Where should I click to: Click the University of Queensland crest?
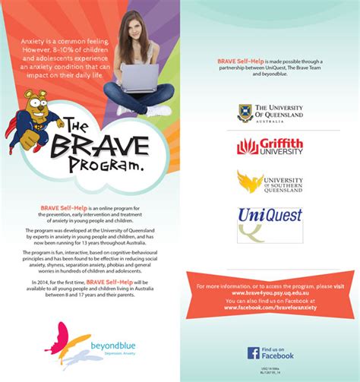[245, 113]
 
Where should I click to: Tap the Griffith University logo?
[270, 146]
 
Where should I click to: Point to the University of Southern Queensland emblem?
[251, 182]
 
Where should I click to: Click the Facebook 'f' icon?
[254, 352]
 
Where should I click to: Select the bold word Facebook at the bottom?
[279, 355]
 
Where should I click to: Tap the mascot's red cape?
[13, 122]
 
